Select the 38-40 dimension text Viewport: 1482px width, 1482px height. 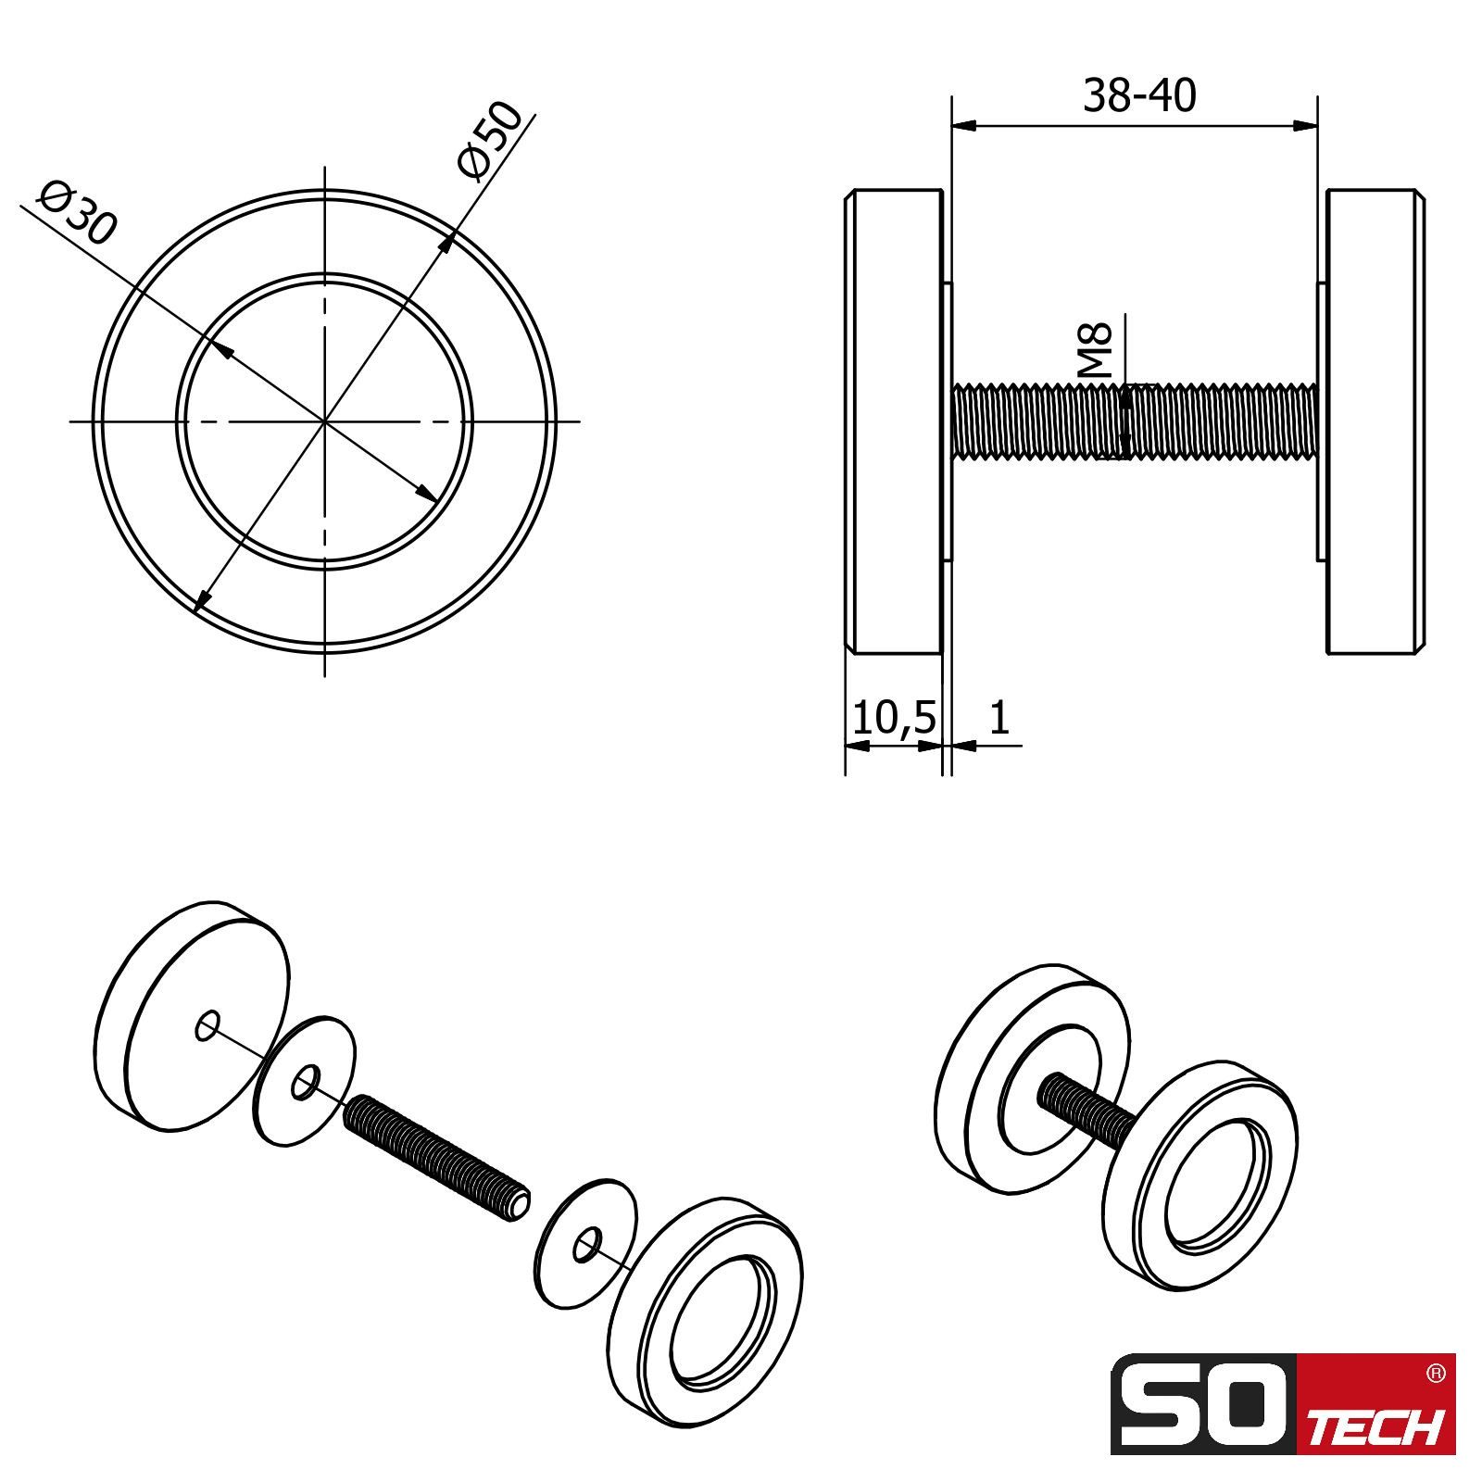click(1139, 95)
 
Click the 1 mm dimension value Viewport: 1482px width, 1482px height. click(998, 717)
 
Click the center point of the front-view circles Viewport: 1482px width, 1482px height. click(324, 421)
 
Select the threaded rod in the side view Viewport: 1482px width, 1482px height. click(1135, 421)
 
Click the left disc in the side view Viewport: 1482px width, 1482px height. click(894, 422)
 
